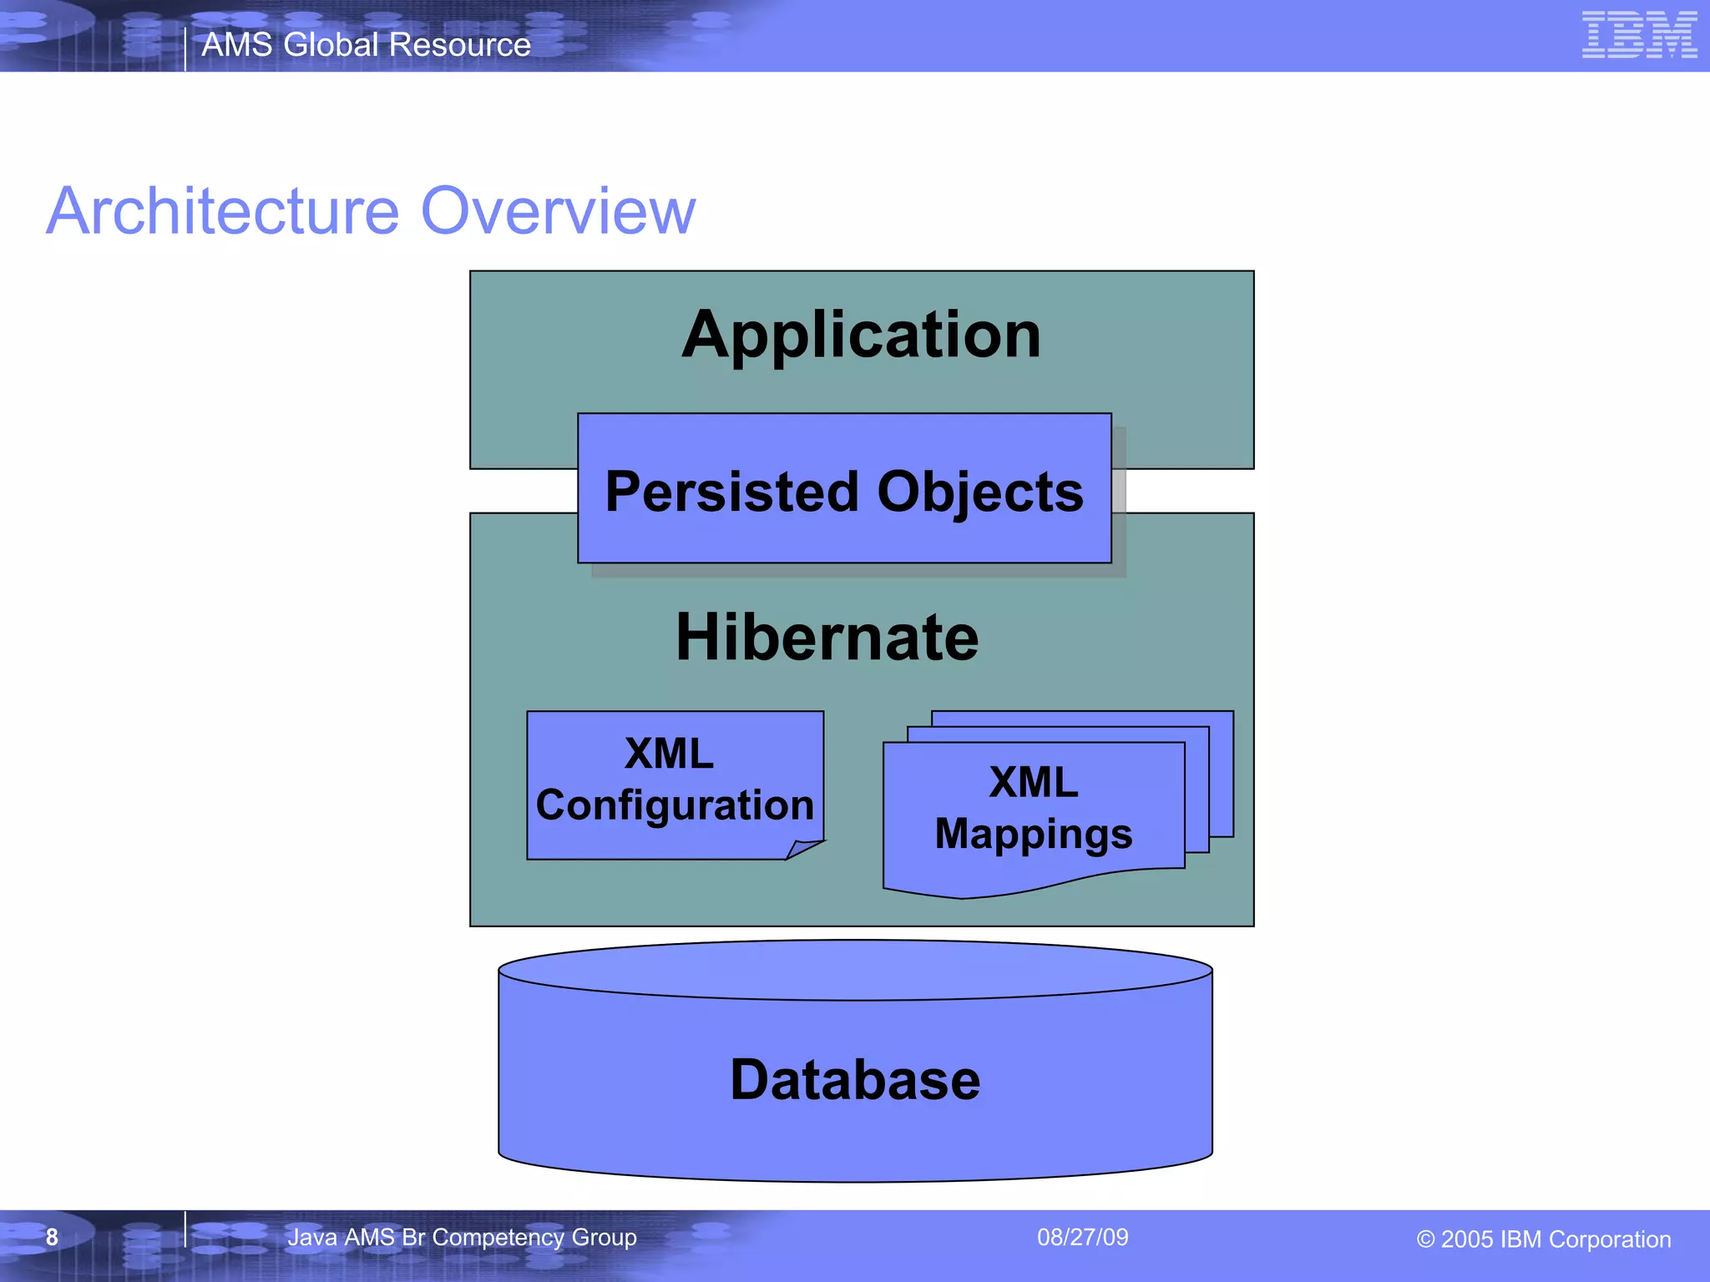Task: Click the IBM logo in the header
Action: [x=1639, y=35]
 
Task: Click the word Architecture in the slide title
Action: [x=223, y=211]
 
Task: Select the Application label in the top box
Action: [x=861, y=336]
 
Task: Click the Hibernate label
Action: [x=827, y=638]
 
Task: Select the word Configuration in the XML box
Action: [x=675, y=805]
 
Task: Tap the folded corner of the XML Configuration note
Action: [x=803, y=850]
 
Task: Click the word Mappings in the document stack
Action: [x=1033, y=834]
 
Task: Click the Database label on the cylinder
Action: [x=855, y=1080]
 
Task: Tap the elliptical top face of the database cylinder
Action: [x=855, y=970]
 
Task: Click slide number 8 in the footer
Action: [x=52, y=1237]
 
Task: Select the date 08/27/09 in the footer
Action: [x=1082, y=1237]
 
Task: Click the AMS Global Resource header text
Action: [x=366, y=44]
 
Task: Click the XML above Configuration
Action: [x=669, y=754]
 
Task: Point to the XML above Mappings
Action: [x=1033, y=783]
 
